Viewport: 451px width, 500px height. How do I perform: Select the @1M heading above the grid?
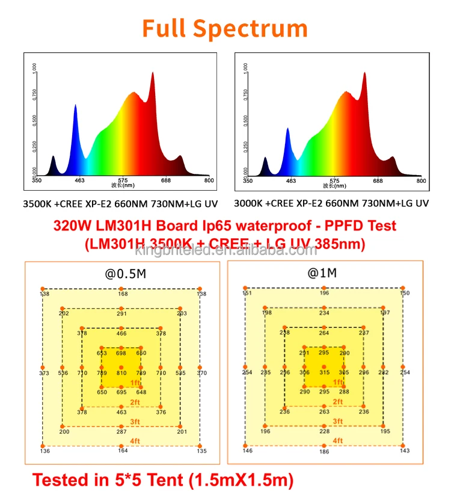(322, 274)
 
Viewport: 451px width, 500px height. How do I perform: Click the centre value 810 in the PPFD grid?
(121, 374)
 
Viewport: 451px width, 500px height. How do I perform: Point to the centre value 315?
(325, 373)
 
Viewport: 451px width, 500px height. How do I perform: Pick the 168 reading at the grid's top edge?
(123, 294)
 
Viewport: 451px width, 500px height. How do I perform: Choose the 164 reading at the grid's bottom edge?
(123, 451)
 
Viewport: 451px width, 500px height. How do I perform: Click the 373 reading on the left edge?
(44, 374)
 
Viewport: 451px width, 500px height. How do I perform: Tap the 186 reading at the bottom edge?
(324, 451)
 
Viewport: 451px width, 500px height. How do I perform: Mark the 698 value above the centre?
(121, 353)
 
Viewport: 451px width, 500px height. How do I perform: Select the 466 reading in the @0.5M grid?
(121, 333)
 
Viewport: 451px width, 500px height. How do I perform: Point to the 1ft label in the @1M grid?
(338, 382)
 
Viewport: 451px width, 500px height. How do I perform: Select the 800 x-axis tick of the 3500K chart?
(209, 180)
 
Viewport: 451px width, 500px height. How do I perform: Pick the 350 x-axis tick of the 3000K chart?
(248, 181)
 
